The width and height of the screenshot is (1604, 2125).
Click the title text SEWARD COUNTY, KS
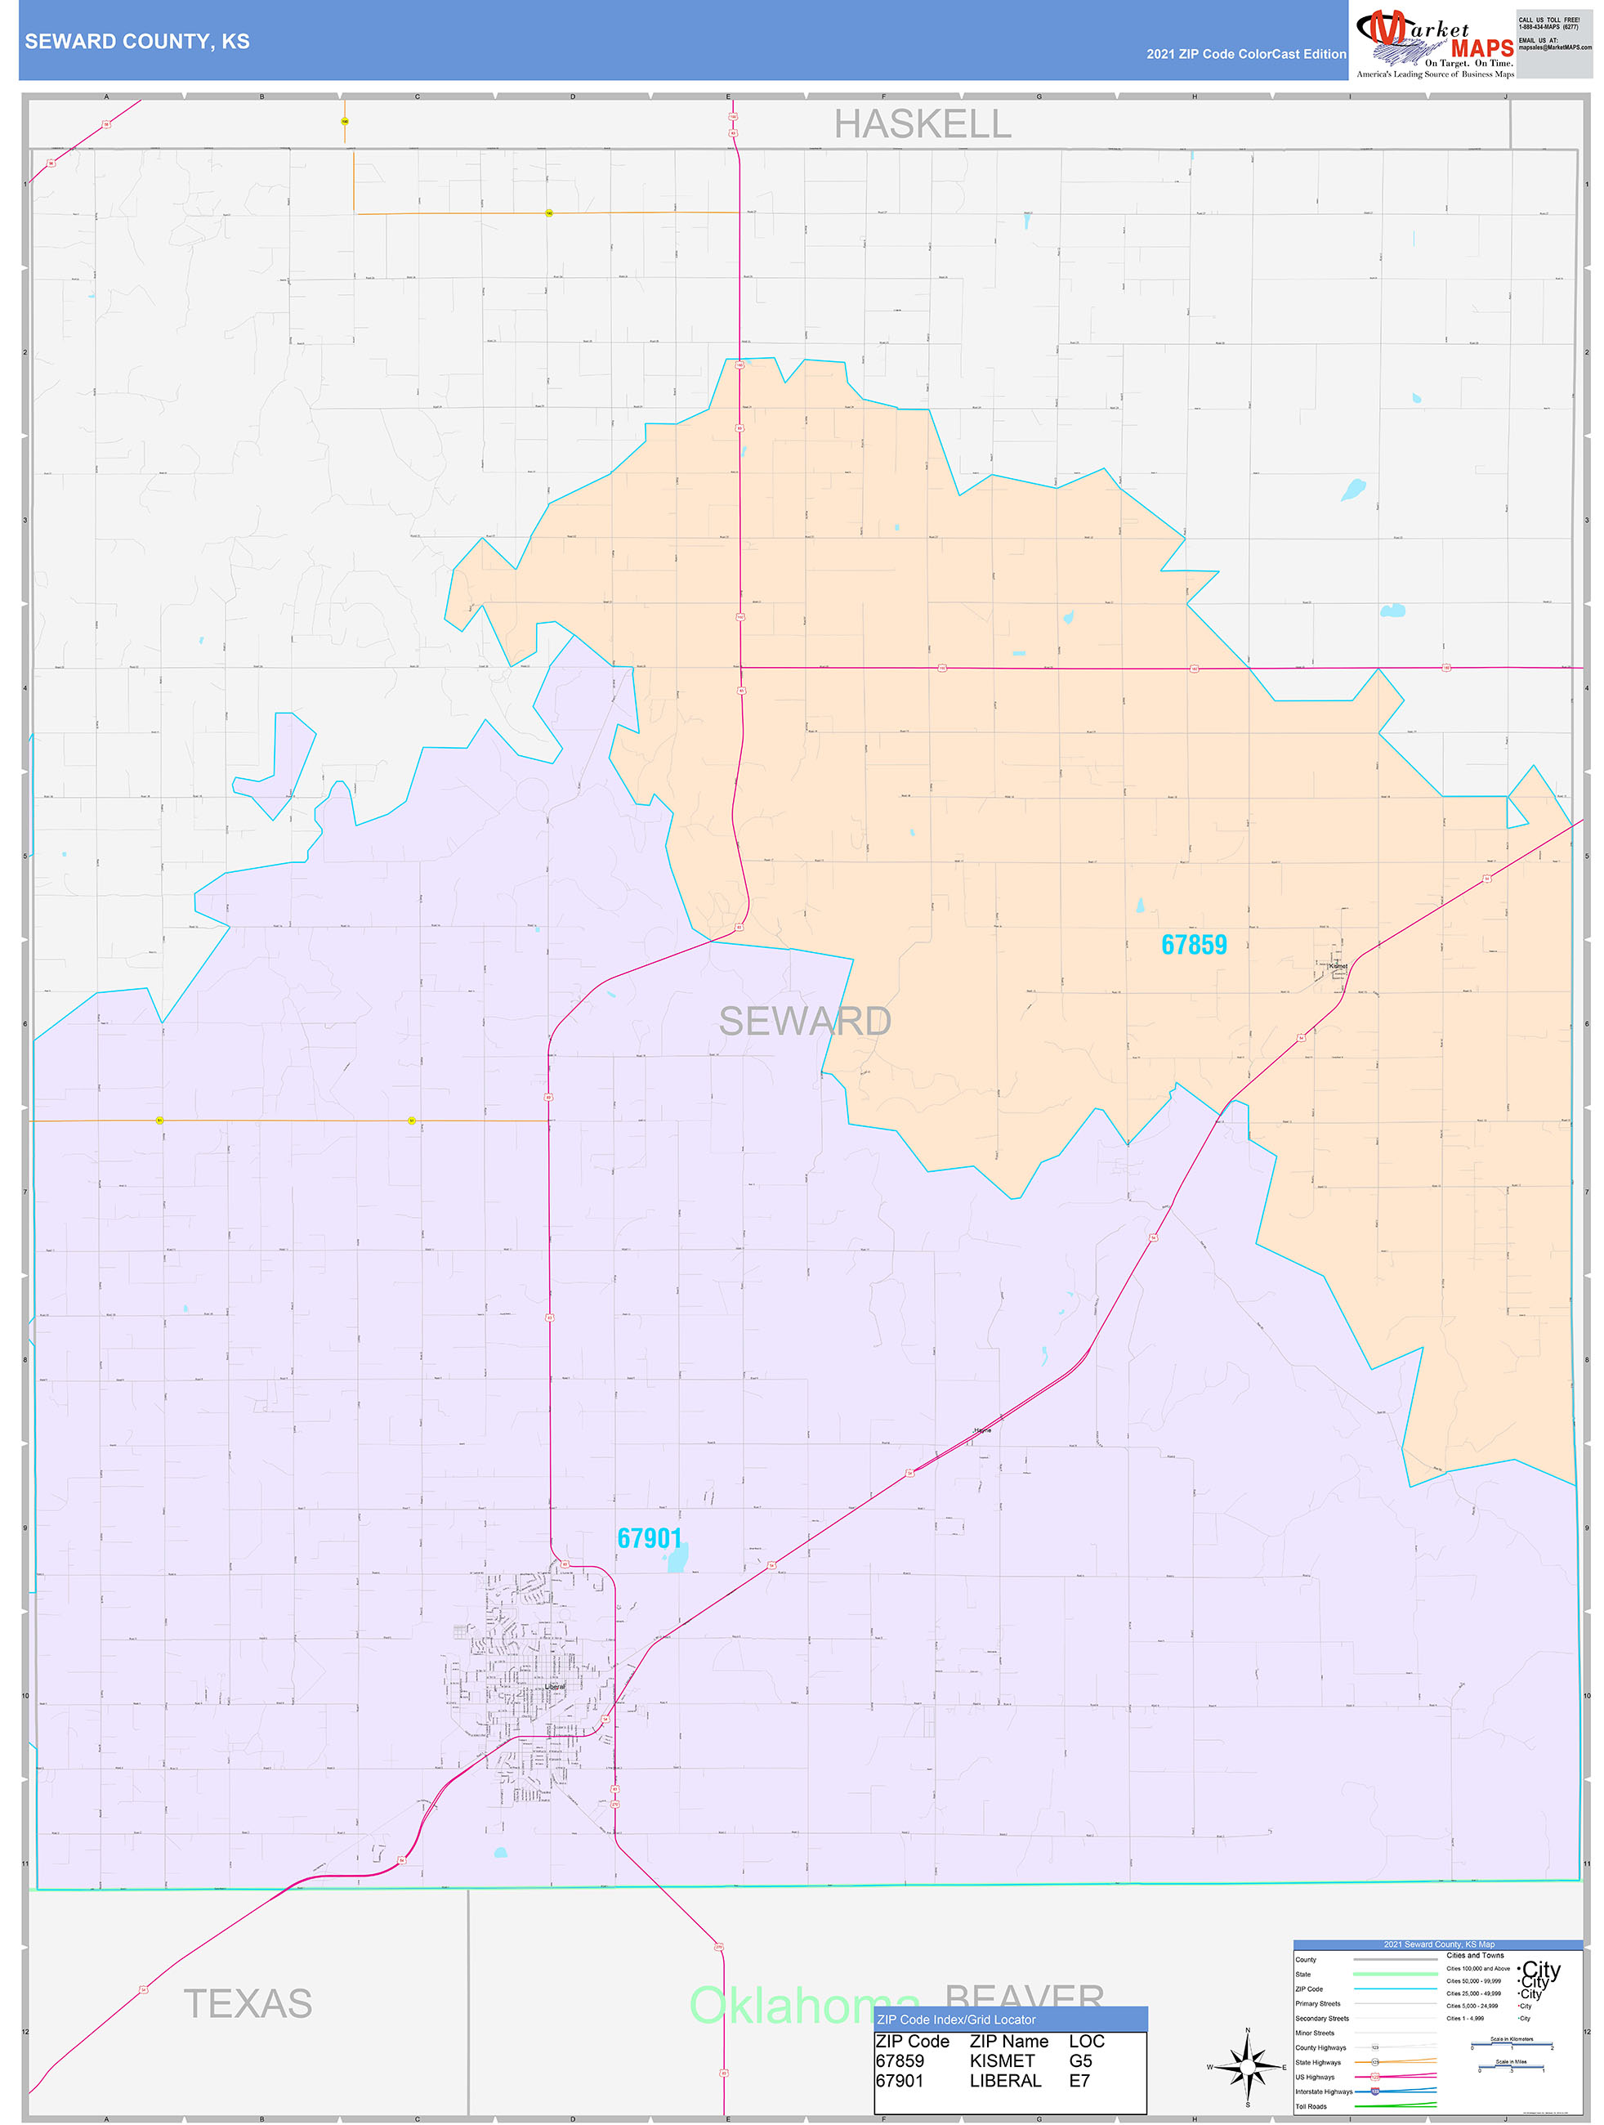(136, 42)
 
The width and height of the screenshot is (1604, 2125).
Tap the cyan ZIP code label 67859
(1193, 946)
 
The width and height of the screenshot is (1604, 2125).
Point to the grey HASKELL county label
(922, 124)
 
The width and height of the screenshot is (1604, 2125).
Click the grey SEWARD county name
(805, 1021)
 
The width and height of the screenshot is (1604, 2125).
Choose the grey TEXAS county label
(248, 2004)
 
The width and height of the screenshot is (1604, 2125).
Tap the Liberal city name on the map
(554, 1686)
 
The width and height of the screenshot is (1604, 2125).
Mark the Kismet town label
(1337, 965)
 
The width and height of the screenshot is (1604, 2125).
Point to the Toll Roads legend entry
(1310, 2107)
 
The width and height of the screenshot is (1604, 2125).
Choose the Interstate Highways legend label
(1323, 2091)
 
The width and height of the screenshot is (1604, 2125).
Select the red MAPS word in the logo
(1481, 48)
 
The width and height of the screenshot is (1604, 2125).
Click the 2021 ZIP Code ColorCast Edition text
(1246, 55)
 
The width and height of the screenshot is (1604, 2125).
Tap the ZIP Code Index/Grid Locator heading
(956, 2020)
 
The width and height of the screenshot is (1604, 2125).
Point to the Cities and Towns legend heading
(1475, 1955)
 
